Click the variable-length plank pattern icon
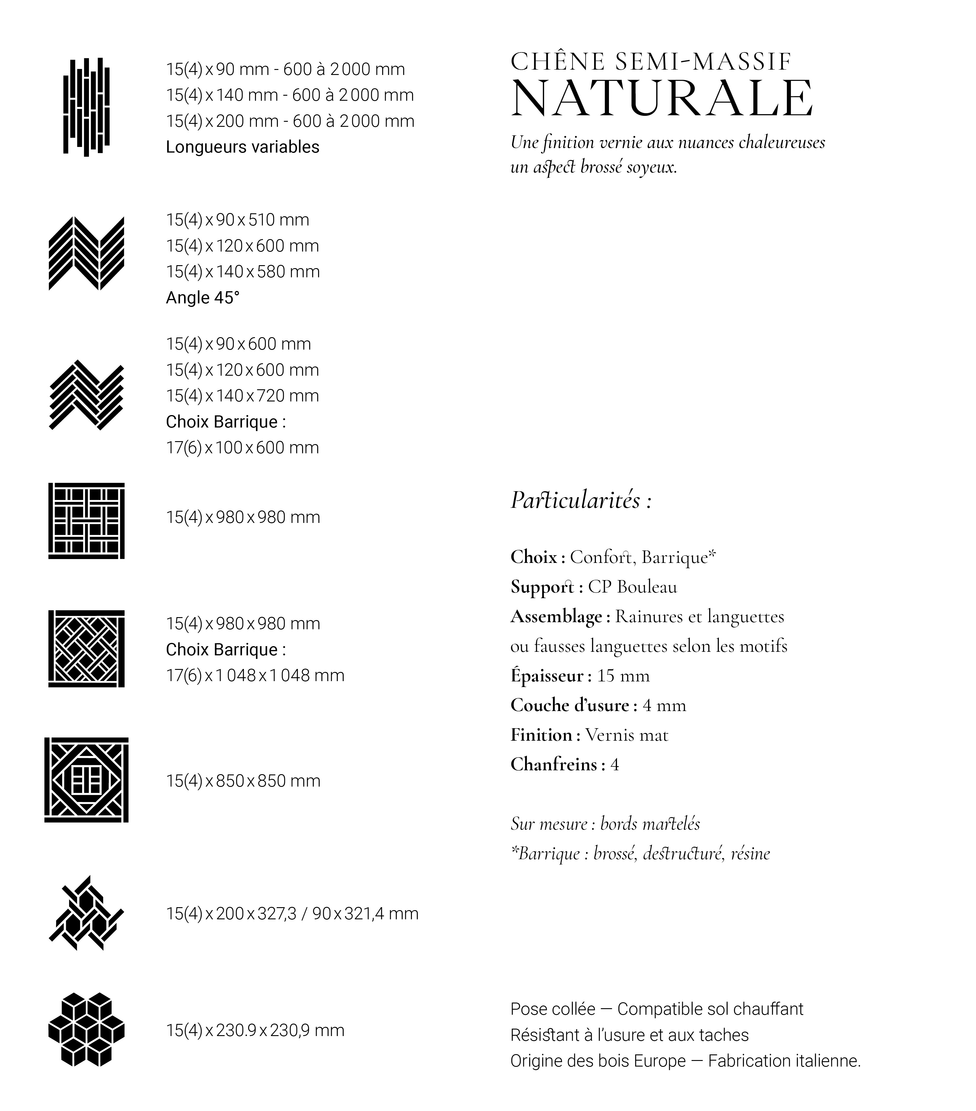click(87, 107)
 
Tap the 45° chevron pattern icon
click(87, 253)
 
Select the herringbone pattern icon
click(87, 395)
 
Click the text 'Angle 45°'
click(202, 298)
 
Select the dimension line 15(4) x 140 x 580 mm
click(243, 272)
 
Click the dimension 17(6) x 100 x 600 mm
click(242, 448)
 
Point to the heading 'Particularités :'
click(581, 500)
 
